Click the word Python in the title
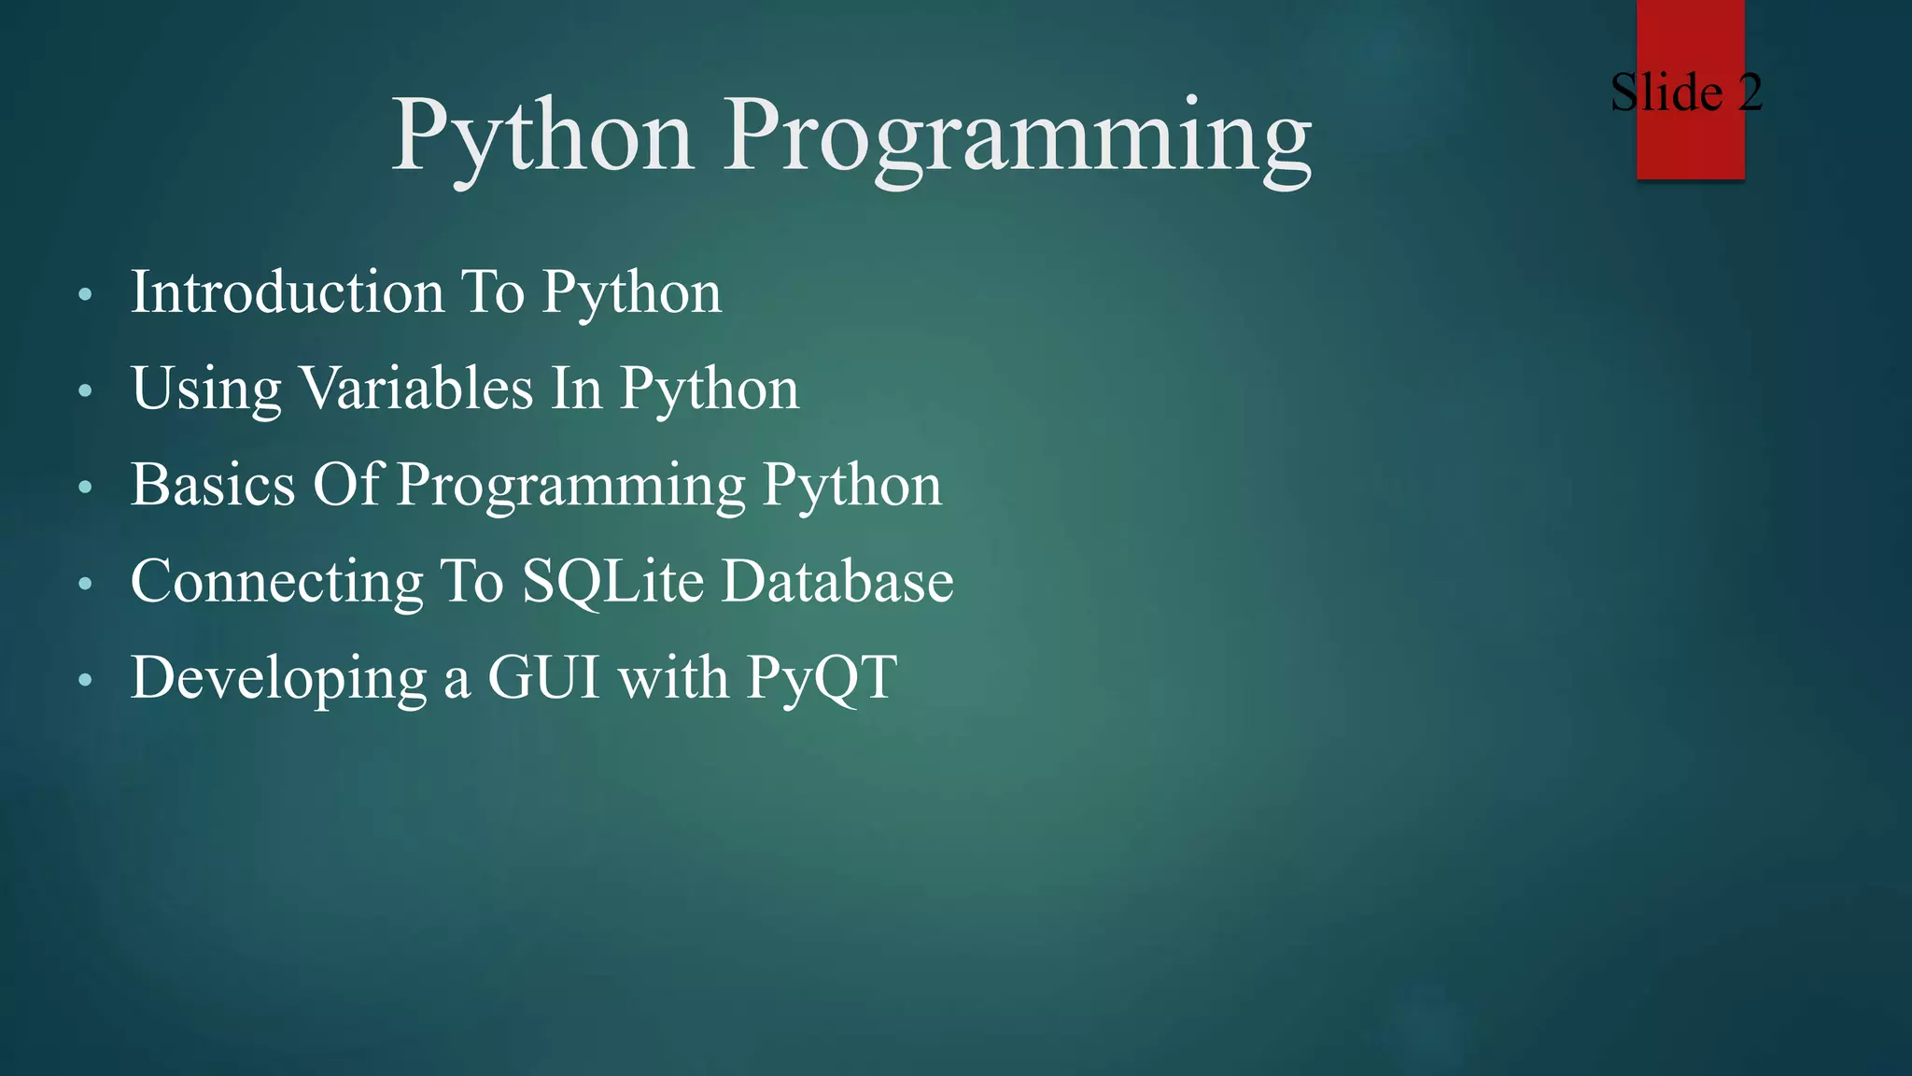pyautogui.click(x=541, y=138)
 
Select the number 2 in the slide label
pyautogui.click(x=1750, y=92)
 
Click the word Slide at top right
pyautogui.click(x=1666, y=92)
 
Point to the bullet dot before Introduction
pyautogui.click(x=86, y=295)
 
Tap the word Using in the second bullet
pyautogui.click(x=205, y=390)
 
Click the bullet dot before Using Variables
pyautogui.click(x=86, y=391)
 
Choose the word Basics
pyautogui.click(x=213, y=485)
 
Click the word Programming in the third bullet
pyautogui.click(x=571, y=488)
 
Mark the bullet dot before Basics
pyautogui.click(x=86, y=488)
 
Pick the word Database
pyautogui.click(x=837, y=582)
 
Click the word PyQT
pyautogui.click(x=822, y=679)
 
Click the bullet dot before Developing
pyautogui.click(x=86, y=680)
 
